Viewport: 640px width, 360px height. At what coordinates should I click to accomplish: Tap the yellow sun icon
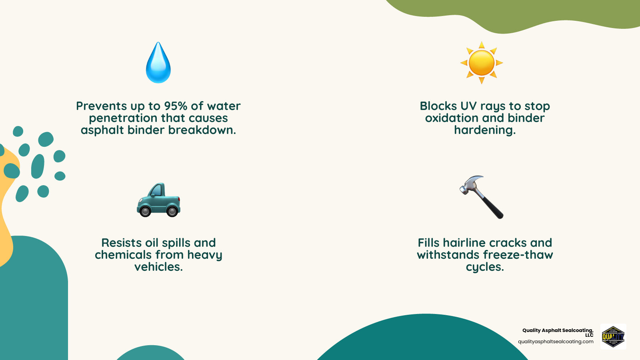pyautogui.click(x=482, y=63)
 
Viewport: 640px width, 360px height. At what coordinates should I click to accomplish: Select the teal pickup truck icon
pyautogui.click(x=159, y=200)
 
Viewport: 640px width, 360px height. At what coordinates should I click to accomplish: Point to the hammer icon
pyautogui.click(x=482, y=197)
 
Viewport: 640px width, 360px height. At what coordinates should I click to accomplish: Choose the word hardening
pyautogui.click(x=484, y=130)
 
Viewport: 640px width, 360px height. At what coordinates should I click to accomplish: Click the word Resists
pyautogui.click(x=121, y=243)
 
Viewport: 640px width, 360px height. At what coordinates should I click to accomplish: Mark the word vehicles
pyautogui.click(x=158, y=267)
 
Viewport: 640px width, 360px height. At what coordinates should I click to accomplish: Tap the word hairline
pyautogui.click(x=464, y=243)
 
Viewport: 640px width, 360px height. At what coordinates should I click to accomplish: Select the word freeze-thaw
pyautogui.click(x=518, y=255)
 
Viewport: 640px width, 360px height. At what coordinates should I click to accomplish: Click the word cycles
pyautogui.click(x=484, y=267)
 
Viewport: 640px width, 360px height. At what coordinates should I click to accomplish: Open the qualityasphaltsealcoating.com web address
pyautogui.click(x=556, y=342)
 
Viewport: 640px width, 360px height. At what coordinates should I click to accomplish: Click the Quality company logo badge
pyautogui.click(x=613, y=337)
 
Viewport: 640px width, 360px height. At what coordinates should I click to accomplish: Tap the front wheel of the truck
pyautogui.click(x=145, y=211)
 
